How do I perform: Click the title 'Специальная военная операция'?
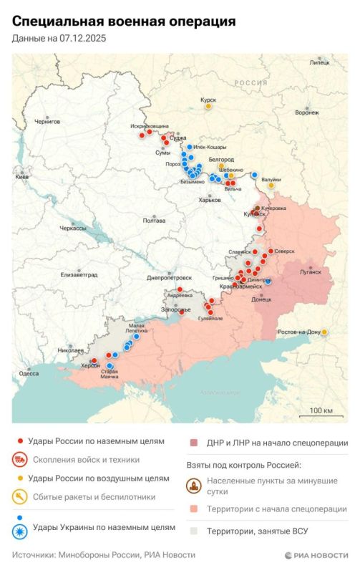point(124,22)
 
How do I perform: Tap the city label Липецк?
point(320,63)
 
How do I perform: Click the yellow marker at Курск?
point(208,106)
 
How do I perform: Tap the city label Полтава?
point(154,221)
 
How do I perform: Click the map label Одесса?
point(29,373)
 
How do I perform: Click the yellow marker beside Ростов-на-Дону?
point(325,332)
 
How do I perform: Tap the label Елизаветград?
point(79,274)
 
